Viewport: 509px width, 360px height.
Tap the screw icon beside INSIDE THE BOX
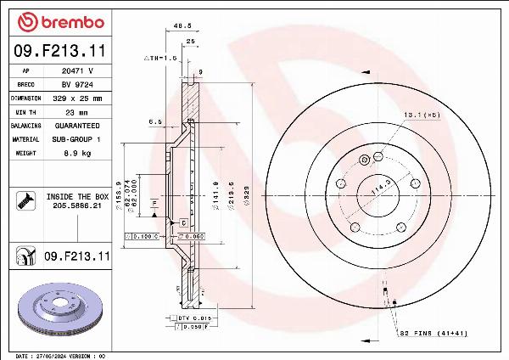[x=25, y=200]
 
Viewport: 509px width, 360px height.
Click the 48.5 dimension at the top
[x=181, y=25]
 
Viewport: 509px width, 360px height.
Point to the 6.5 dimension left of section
[x=155, y=121]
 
